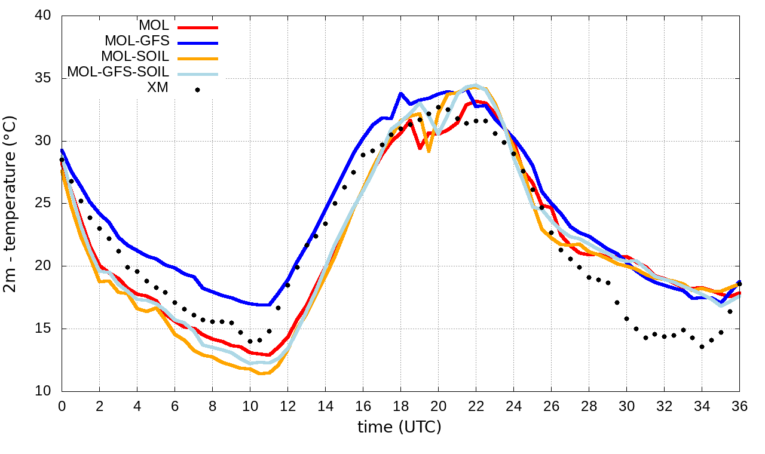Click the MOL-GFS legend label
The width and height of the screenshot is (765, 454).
tap(137, 41)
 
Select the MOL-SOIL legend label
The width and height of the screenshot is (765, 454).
tap(135, 57)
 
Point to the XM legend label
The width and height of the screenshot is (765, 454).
tap(157, 88)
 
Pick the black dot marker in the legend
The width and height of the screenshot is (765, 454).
tap(198, 90)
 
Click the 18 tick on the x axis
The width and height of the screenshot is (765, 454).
tap(400, 406)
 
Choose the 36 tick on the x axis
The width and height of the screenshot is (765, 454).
tap(739, 406)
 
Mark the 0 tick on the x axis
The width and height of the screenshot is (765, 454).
tap(62, 406)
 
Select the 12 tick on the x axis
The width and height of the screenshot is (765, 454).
tap(287, 406)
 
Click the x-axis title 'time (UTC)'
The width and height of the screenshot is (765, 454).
tap(399, 427)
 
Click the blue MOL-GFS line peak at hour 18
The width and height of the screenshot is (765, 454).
tap(400, 93)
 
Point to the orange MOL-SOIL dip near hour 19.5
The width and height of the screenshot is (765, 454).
tap(429, 152)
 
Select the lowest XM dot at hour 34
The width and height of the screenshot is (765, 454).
tap(702, 346)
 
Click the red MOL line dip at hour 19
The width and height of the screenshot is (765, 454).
tap(420, 148)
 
